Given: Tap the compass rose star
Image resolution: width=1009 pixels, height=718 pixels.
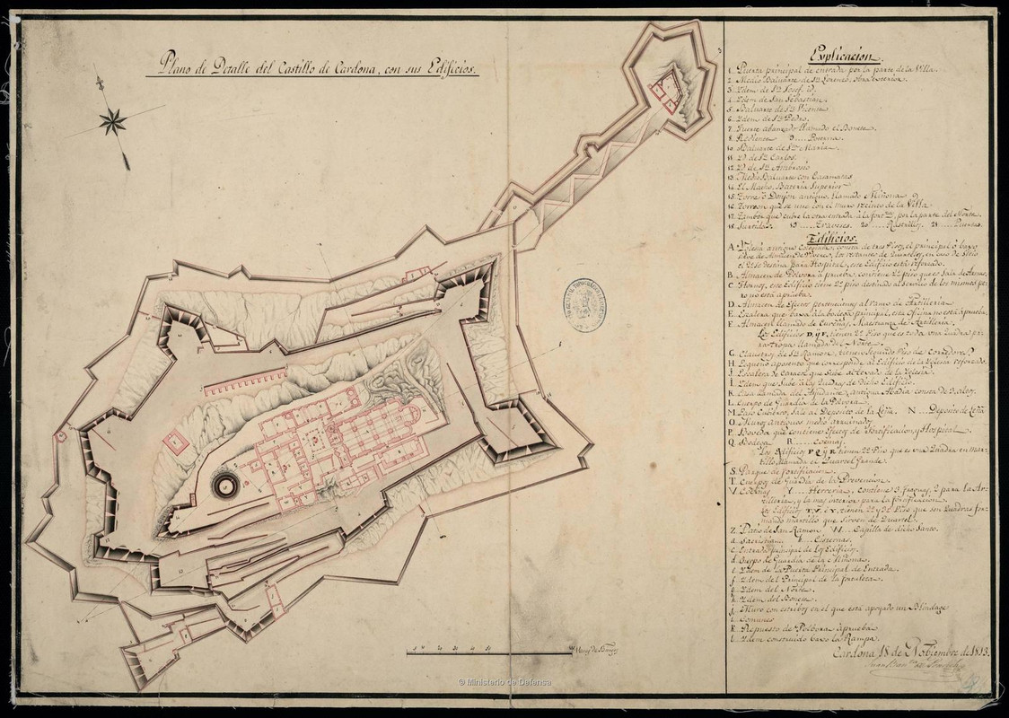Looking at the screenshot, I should coord(112,120).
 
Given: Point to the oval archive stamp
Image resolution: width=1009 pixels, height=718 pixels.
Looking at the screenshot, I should coord(583,306).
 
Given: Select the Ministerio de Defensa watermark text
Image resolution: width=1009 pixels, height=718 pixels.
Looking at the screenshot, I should coord(504,682).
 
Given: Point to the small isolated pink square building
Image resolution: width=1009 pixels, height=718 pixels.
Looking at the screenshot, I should coord(175,442).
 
